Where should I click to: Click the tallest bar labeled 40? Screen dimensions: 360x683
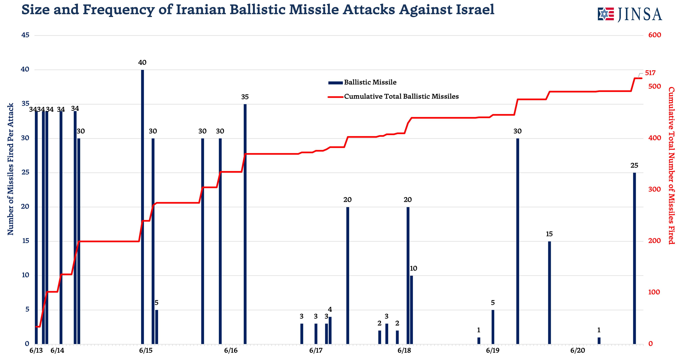pyautogui.click(x=142, y=207)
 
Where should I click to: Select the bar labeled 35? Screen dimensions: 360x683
pyautogui.click(x=245, y=224)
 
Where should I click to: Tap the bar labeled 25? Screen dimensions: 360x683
pyautogui.click(x=634, y=258)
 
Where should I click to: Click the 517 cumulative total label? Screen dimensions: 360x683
pyautogui.click(x=650, y=73)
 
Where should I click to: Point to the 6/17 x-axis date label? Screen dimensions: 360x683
pyautogui.click(x=316, y=350)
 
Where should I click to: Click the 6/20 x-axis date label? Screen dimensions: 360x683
pyautogui.click(x=577, y=350)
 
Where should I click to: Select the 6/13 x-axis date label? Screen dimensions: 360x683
pyautogui.click(x=36, y=350)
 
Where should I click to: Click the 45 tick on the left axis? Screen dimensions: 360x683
pyautogui.click(x=26, y=35)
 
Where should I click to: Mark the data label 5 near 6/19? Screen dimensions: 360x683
pyautogui.click(x=493, y=303)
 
